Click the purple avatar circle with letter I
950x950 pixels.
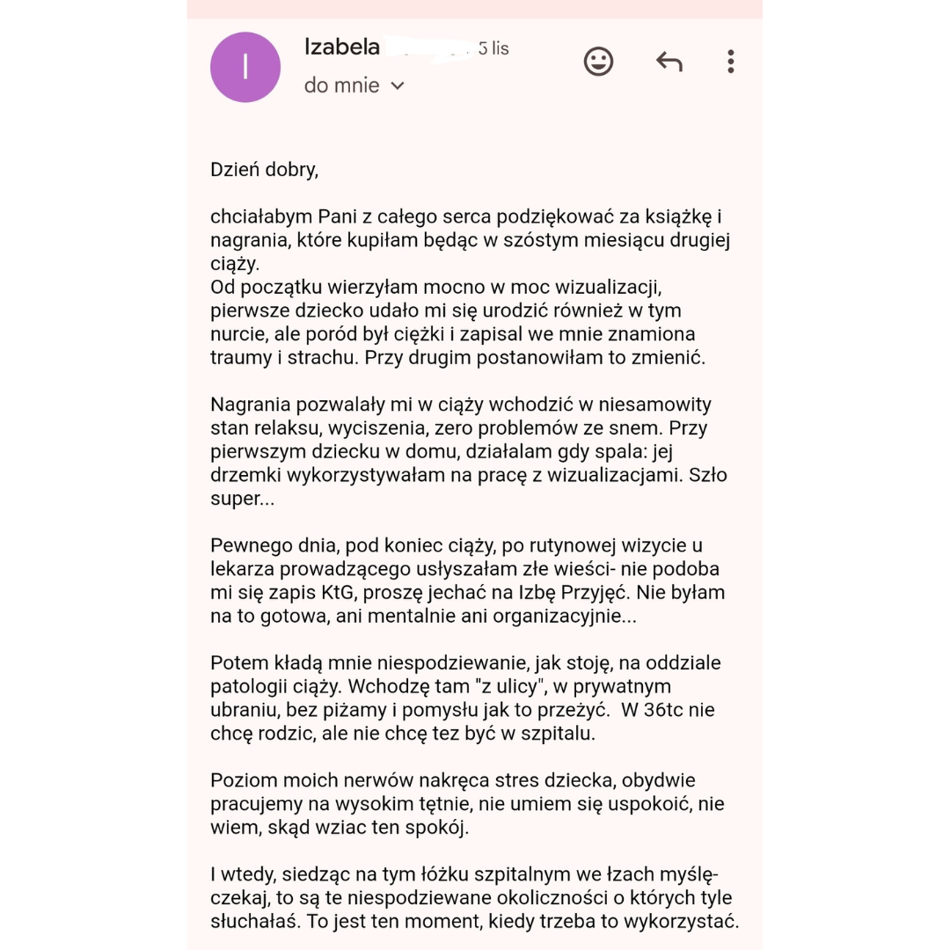pyautogui.click(x=245, y=67)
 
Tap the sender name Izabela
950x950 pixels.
pyautogui.click(x=342, y=47)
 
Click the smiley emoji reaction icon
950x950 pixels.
pyautogui.click(x=598, y=61)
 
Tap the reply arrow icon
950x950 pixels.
pyautogui.click(x=669, y=61)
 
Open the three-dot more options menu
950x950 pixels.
pyautogui.click(x=731, y=61)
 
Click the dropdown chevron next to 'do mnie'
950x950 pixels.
pyautogui.click(x=398, y=85)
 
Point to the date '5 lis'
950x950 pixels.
pyautogui.click(x=493, y=48)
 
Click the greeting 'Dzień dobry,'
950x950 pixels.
pyautogui.click(x=264, y=170)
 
